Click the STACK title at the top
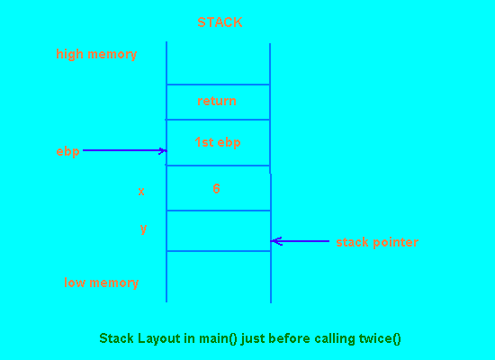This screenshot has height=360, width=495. click(x=220, y=22)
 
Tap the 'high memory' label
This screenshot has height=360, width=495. click(x=96, y=54)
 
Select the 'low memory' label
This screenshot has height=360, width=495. click(x=102, y=283)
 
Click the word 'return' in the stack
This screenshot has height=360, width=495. click(x=217, y=101)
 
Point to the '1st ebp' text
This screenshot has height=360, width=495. click(x=218, y=142)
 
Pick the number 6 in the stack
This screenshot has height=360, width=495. click(x=216, y=188)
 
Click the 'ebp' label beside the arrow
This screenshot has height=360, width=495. click(x=67, y=152)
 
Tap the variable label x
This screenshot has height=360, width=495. click(x=141, y=192)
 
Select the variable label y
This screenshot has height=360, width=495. click(x=143, y=229)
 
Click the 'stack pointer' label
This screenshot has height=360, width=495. click(x=377, y=242)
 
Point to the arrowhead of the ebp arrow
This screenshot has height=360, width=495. click(x=165, y=151)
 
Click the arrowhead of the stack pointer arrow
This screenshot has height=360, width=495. click(x=273, y=241)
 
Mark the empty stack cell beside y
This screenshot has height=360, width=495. click(x=219, y=230)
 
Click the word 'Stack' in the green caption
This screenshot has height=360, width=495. click(x=116, y=338)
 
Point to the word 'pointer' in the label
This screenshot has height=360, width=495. click(x=396, y=242)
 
